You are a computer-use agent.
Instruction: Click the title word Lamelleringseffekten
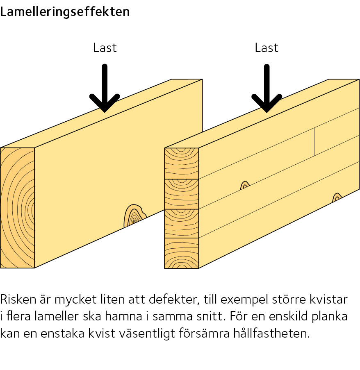click(x=65, y=12)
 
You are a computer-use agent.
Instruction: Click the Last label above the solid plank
click(x=105, y=48)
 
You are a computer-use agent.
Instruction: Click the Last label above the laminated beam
click(x=267, y=48)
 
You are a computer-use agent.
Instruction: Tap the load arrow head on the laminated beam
click(x=267, y=103)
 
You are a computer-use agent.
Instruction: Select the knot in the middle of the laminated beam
click(x=245, y=186)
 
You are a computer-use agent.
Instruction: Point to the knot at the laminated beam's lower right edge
click(x=337, y=197)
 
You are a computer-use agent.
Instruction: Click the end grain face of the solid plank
click(x=18, y=208)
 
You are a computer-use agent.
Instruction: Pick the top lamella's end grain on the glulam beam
click(x=181, y=163)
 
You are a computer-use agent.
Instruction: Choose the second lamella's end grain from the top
click(x=181, y=194)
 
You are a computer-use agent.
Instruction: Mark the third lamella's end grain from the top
click(x=181, y=223)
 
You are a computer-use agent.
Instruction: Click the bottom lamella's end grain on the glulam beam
click(x=181, y=253)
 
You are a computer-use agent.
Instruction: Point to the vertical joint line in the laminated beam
click(x=314, y=142)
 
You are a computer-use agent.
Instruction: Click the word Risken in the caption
click(x=18, y=300)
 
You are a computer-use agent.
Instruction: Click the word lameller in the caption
click(x=57, y=316)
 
